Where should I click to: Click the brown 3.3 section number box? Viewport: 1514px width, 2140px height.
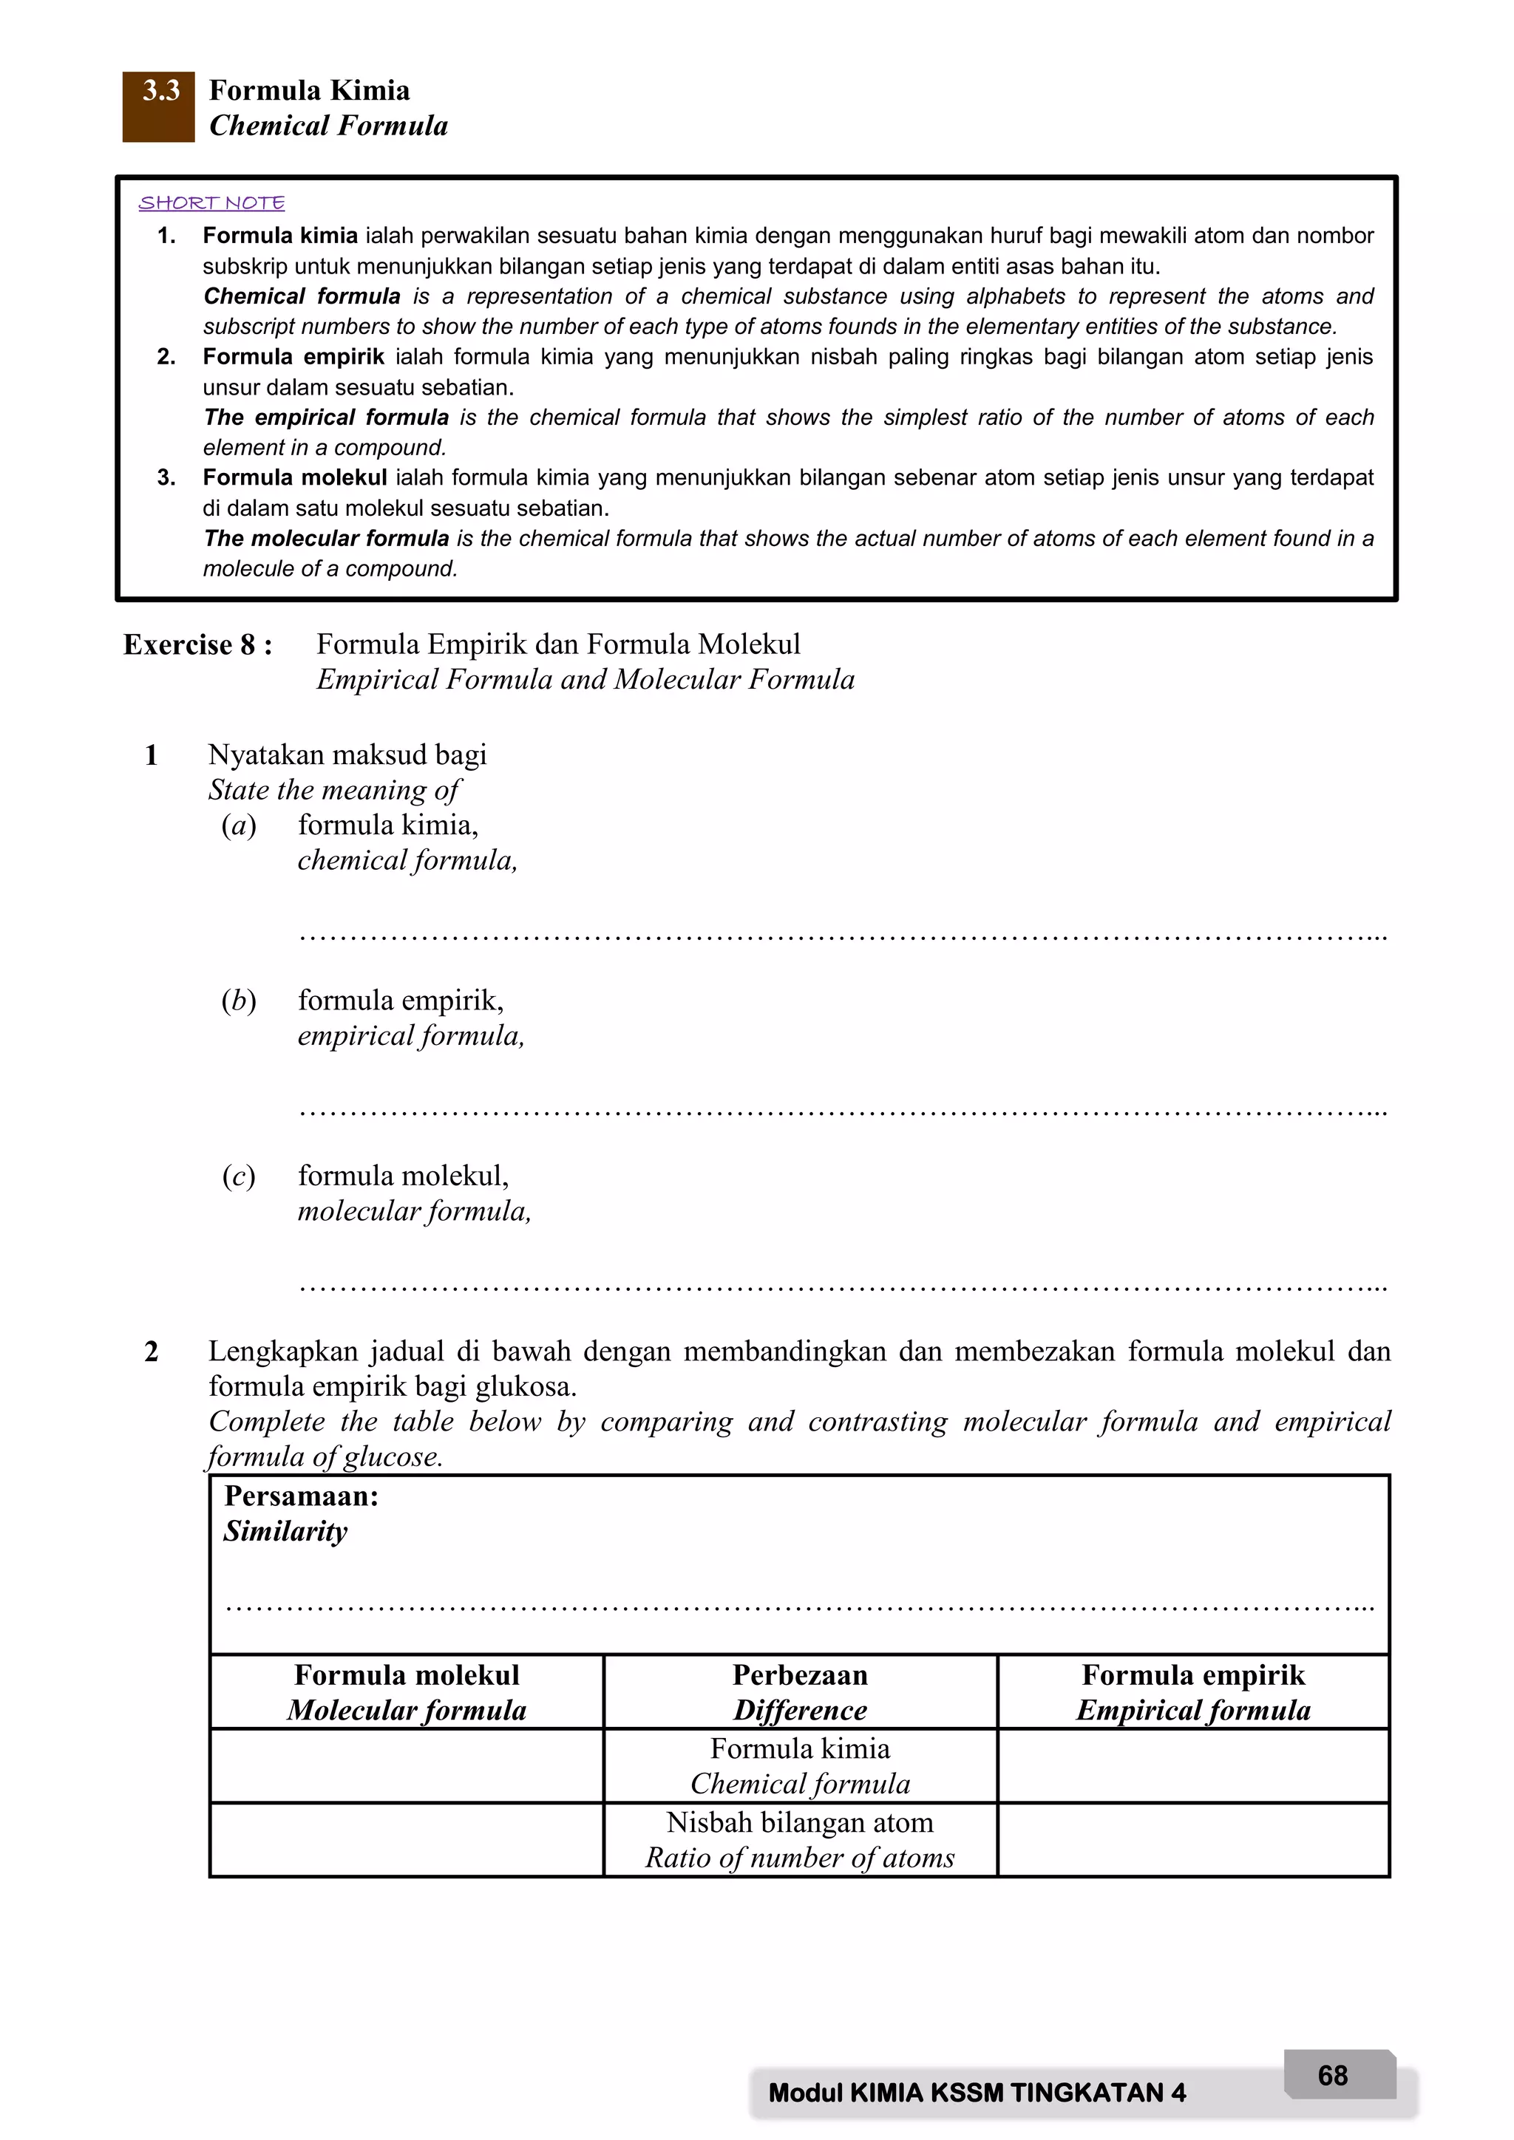click(x=157, y=106)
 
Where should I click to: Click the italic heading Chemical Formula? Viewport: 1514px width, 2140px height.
click(x=328, y=126)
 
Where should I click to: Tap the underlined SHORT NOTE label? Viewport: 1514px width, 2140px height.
click(x=211, y=203)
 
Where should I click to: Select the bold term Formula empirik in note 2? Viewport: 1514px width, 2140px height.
click(x=293, y=357)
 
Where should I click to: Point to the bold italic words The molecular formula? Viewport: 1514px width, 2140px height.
click(x=326, y=539)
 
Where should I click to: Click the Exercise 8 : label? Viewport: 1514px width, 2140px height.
click(x=197, y=645)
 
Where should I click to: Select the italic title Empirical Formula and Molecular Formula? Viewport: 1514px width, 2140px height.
click(x=585, y=680)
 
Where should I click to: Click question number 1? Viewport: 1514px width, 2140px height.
click(x=151, y=755)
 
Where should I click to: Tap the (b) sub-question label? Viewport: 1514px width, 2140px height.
click(x=239, y=1001)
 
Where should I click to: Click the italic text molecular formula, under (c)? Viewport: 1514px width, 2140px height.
click(x=414, y=1212)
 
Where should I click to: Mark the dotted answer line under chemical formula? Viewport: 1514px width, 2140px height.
click(x=842, y=935)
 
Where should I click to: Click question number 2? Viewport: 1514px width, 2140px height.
click(x=151, y=1352)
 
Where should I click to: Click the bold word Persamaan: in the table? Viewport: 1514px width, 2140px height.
click(x=301, y=1497)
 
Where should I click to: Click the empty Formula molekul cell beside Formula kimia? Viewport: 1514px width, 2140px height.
click(x=407, y=1766)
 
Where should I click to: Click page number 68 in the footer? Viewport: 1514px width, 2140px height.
click(x=1332, y=2076)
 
